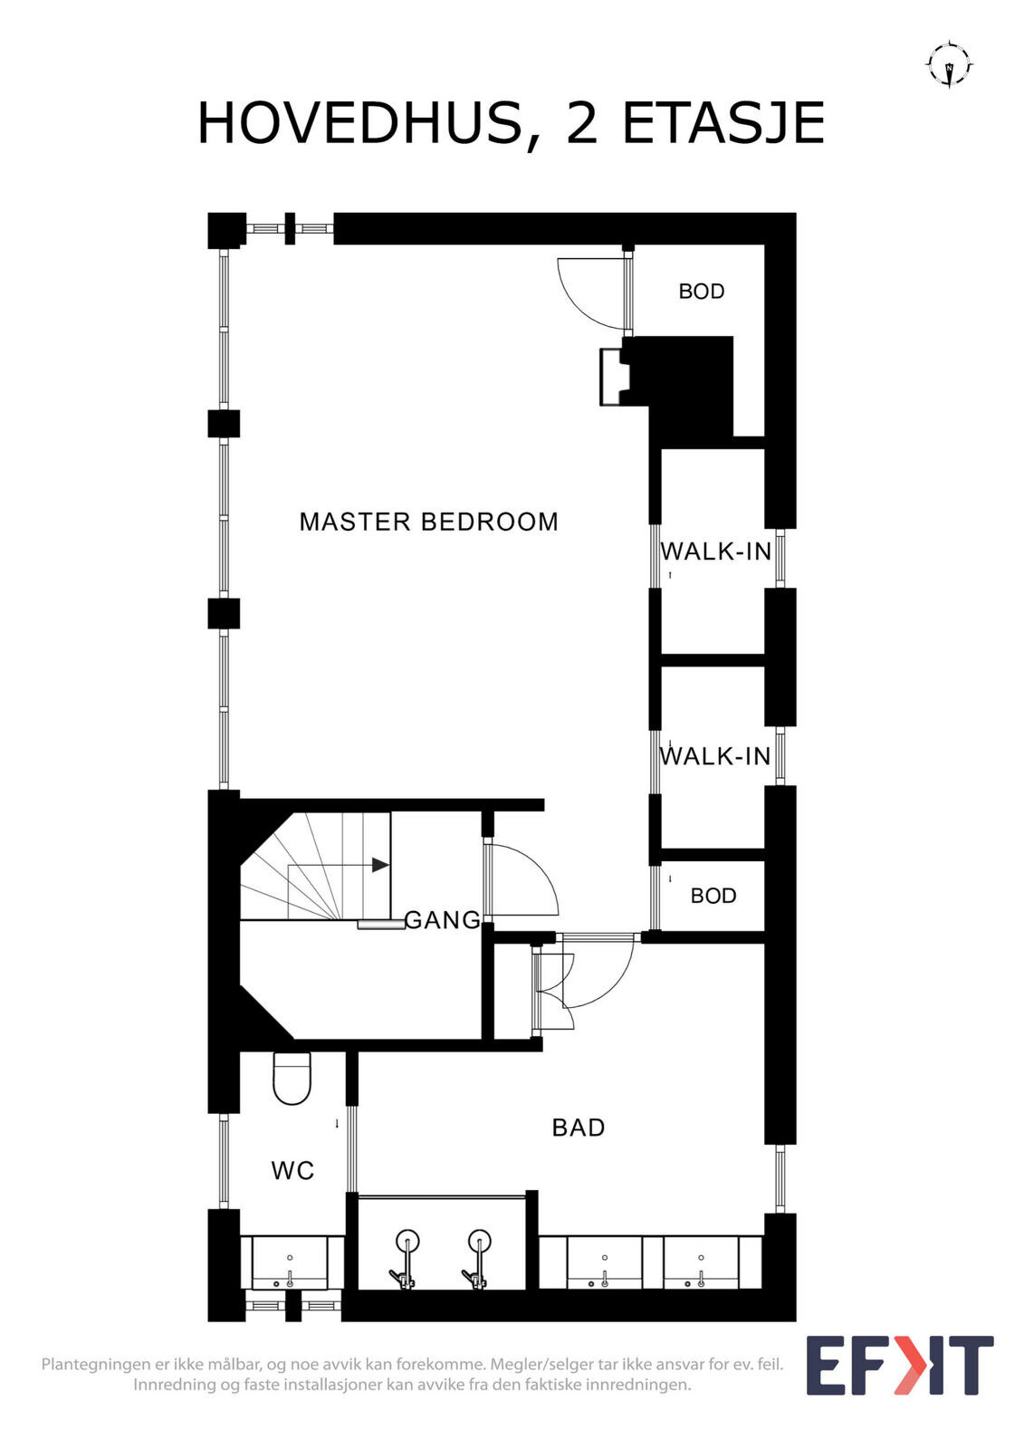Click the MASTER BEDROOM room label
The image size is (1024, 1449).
click(x=428, y=522)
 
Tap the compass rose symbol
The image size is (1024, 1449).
click(x=949, y=64)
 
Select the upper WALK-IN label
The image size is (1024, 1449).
click(x=715, y=552)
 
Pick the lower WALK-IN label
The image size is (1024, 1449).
click(x=714, y=756)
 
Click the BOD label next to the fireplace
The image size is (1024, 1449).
click(x=701, y=292)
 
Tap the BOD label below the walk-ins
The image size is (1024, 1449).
click(x=713, y=896)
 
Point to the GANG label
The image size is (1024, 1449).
click(x=443, y=920)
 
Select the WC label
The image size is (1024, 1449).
click(x=292, y=1171)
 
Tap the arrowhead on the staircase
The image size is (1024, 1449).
click(x=380, y=865)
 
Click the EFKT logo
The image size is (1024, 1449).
click(x=900, y=1366)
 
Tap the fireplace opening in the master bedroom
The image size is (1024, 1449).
click(x=611, y=377)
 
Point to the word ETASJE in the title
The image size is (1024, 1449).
click(x=723, y=123)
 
